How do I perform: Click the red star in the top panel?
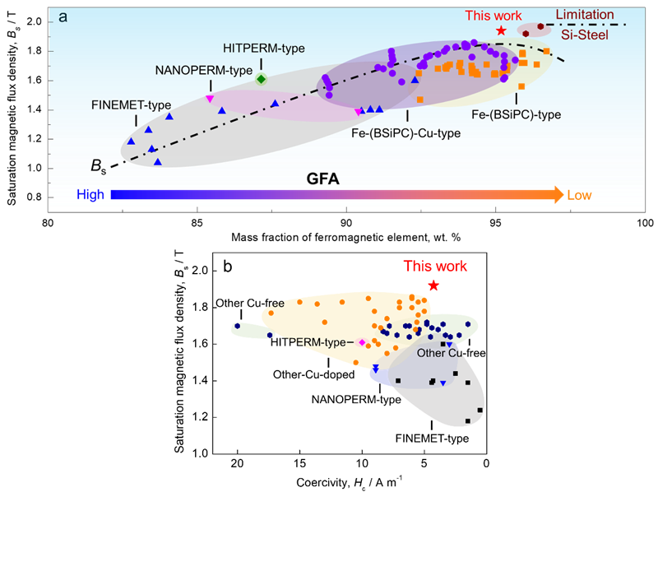click(x=501, y=30)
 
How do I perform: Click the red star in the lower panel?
click(x=433, y=285)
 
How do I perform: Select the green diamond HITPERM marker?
click(x=261, y=79)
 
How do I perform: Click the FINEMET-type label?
click(x=131, y=104)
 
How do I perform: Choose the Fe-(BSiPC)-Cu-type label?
click(x=405, y=133)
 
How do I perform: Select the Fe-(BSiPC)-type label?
click(x=516, y=114)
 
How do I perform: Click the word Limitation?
click(x=585, y=15)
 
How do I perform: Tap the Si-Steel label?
click(x=585, y=34)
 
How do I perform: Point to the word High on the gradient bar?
click(x=91, y=195)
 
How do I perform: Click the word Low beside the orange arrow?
click(x=579, y=195)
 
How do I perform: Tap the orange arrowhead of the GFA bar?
click(x=558, y=195)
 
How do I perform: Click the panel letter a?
click(x=63, y=16)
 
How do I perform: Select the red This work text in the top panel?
click(x=493, y=16)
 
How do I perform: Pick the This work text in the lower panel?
click(x=435, y=266)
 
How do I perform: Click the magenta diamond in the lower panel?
click(x=362, y=341)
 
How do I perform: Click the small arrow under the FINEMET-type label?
click(x=136, y=121)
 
